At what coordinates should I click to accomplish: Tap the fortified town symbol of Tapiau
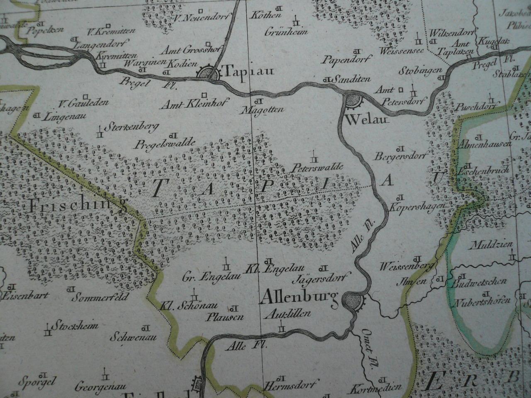tap(208, 74)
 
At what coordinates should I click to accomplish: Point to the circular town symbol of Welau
tap(352, 101)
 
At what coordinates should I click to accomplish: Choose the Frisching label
tap(78, 206)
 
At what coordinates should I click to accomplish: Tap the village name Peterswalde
tap(317, 168)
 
